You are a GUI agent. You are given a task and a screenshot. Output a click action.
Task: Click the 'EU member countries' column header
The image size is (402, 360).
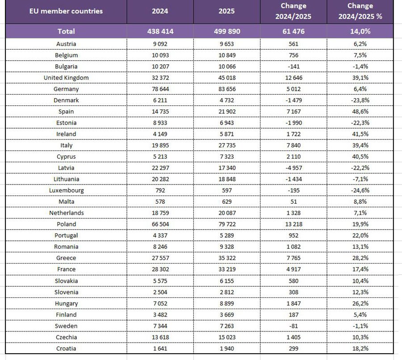[x=66, y=11]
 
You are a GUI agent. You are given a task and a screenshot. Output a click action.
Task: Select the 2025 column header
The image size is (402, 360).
[x=227, y=11]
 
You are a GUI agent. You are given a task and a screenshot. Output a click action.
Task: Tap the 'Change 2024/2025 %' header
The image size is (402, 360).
[x=360, y=12]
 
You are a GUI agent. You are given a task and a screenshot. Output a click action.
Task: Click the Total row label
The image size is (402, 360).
[x=66, y=31]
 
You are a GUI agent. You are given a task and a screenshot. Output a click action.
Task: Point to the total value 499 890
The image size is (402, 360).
[x=227, y=31]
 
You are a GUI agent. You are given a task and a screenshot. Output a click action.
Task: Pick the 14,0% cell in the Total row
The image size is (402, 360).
[x=360, y=31]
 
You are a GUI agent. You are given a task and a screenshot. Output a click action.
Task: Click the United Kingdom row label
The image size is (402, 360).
[x=66, y=78]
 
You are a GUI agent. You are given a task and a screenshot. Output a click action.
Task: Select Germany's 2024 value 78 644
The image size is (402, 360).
[x=160, y=89]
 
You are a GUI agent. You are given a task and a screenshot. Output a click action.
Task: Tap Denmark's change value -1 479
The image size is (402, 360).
[x=294, y=100]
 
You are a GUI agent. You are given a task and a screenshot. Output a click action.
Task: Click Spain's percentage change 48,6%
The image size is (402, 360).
[x=360, y=111]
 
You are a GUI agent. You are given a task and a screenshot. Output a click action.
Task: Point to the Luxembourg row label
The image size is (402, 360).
[x=66, y=190]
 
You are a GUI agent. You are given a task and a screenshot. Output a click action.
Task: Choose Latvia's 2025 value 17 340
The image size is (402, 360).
[x=227, y=167]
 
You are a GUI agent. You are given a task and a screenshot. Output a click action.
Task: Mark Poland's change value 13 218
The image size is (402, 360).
[x=294, y=224]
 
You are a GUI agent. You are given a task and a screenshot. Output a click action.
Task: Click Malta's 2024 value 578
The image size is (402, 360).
[x=160, y=201]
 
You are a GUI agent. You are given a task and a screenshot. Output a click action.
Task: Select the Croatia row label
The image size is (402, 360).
[x=66, y=348]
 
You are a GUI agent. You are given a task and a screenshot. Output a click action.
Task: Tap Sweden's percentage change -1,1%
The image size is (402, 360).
[x=360, y=326]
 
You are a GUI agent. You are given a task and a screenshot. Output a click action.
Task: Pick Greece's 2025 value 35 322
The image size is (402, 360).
[x=227, y=258]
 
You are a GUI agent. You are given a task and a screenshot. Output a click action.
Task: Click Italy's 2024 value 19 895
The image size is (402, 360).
[x=160, y=145]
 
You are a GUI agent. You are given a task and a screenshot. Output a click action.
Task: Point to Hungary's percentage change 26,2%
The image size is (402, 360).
[x=360, y=303]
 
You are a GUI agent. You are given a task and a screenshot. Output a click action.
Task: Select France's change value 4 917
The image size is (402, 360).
[x=294, y=269]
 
